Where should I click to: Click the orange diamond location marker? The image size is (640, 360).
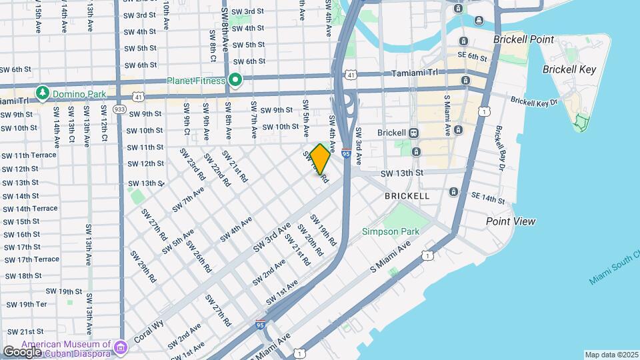(x=320, y=159)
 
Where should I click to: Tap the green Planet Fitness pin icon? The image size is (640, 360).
(x=235, y=81)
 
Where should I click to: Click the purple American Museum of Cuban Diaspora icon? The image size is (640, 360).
(x=120, y=347)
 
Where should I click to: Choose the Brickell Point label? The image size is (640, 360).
(x=523, y=39)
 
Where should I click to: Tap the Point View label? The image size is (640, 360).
(x=511, y=221)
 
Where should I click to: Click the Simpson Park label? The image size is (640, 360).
(x=391, y=232)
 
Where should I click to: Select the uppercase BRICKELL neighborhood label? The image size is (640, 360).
(x=407, y=196)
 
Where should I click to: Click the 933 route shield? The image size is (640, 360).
(x=120, y=109)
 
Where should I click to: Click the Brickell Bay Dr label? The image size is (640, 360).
(x=501, y=146)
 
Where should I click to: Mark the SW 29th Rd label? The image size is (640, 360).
(x=143, y=265)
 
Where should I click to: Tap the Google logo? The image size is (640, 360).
(x=22, y=351)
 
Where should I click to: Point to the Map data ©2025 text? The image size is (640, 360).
(x=611, y=355)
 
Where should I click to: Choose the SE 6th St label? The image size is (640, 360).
(x=473, y=56)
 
